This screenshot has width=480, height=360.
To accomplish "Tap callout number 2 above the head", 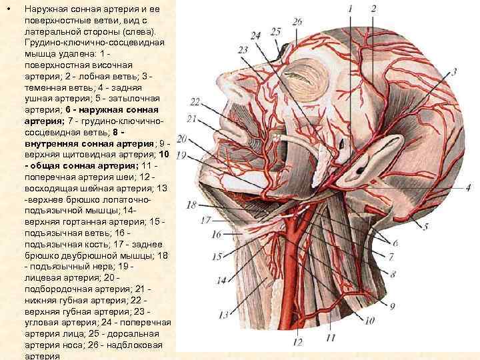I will click(373, 9).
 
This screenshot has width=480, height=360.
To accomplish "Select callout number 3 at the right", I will click(453, 71).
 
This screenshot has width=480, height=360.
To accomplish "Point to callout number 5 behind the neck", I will click(425, 227).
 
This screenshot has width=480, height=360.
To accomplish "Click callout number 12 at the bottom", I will click(297, 342).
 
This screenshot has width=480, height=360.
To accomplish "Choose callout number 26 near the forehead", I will click(297, 22).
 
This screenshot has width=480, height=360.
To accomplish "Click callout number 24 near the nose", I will click(256, 35).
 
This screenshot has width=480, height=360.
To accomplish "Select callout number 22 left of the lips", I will click(195, 101).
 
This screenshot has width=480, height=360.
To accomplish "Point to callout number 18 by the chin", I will click(192, 205).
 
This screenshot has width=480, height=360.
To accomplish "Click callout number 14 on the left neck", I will click(221, 281).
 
